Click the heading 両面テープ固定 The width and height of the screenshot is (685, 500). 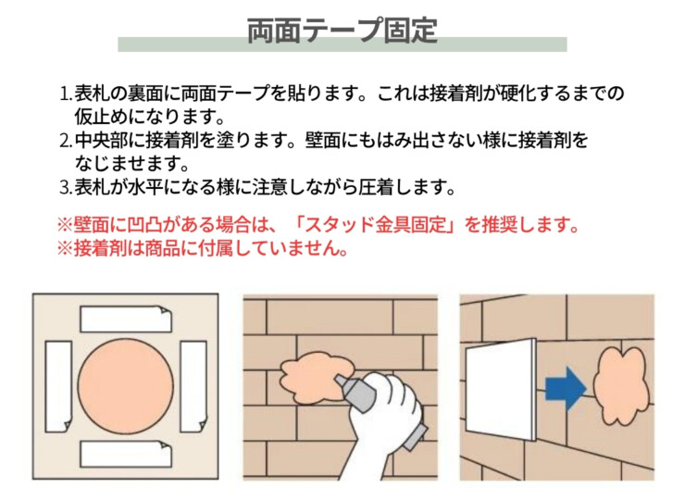(x=342, y=31)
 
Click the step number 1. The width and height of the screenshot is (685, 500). (x=66, y=94)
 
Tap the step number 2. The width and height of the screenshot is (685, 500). (x=66, y=141)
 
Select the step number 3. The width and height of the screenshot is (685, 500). (x=66, y=188)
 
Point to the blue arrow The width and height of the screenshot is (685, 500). (x=566, y=389)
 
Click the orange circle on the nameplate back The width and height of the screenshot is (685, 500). (x=126, y=386)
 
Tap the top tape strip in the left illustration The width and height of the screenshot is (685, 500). (x=126, y=319)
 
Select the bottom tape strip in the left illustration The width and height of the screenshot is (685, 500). (x=126, y=454)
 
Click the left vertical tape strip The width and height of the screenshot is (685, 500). (x=58, y=387)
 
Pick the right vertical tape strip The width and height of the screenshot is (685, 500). (x=193, y=387)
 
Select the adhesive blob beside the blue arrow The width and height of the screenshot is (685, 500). (x=620, y=385)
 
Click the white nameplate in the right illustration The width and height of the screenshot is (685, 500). (x=501, y=389)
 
